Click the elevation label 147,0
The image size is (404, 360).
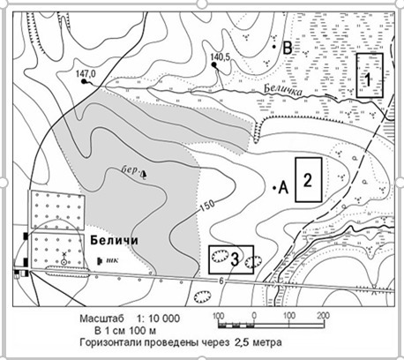[x=86, y=74]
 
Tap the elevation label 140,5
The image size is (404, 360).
[x=221, y=57]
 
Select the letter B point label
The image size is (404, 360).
[x=287, y=49]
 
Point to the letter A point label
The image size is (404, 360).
[x=283, y=188]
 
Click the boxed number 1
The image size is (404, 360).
[x=368, y=79]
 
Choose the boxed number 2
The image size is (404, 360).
[x=308, y=180]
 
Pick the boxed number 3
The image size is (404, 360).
[x=235, y=259]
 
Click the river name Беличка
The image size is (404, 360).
[x=283, y=90]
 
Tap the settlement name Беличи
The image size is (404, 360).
[x=114, y=240]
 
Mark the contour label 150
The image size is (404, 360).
[x=207, y=207]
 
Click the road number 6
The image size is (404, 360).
[x=221, y=281]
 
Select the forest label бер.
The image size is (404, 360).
[x=130, y=170]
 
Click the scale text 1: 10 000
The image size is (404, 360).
[x=158, y=319]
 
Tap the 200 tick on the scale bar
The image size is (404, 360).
[x=324, y=316]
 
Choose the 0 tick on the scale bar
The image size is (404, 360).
[x=254, y=316]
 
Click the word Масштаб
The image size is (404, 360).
[x=102, y=319]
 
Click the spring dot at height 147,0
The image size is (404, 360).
[x=84, y=81]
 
